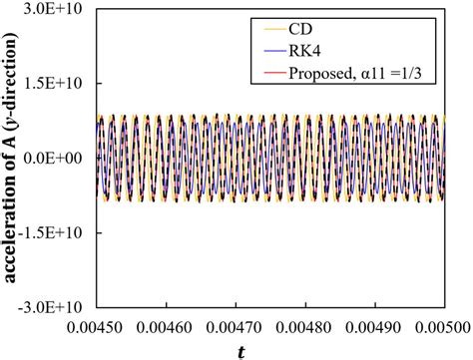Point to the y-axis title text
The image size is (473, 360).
point(13,159)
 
